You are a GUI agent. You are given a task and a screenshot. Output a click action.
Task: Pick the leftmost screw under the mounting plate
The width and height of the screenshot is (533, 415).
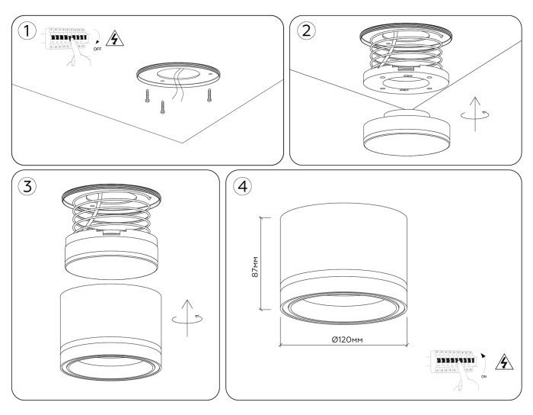point(142,96)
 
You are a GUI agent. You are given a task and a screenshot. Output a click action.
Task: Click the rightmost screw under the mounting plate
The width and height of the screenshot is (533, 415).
point(209,95)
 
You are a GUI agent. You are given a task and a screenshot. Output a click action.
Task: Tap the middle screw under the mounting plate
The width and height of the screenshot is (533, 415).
point(162,107)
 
